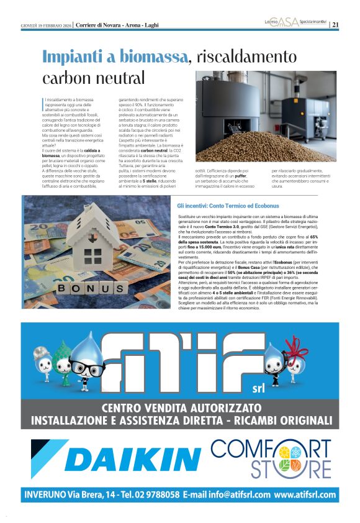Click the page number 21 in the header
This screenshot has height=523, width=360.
(x=336, y=25)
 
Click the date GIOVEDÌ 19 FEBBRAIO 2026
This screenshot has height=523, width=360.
(x=46, y=25)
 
